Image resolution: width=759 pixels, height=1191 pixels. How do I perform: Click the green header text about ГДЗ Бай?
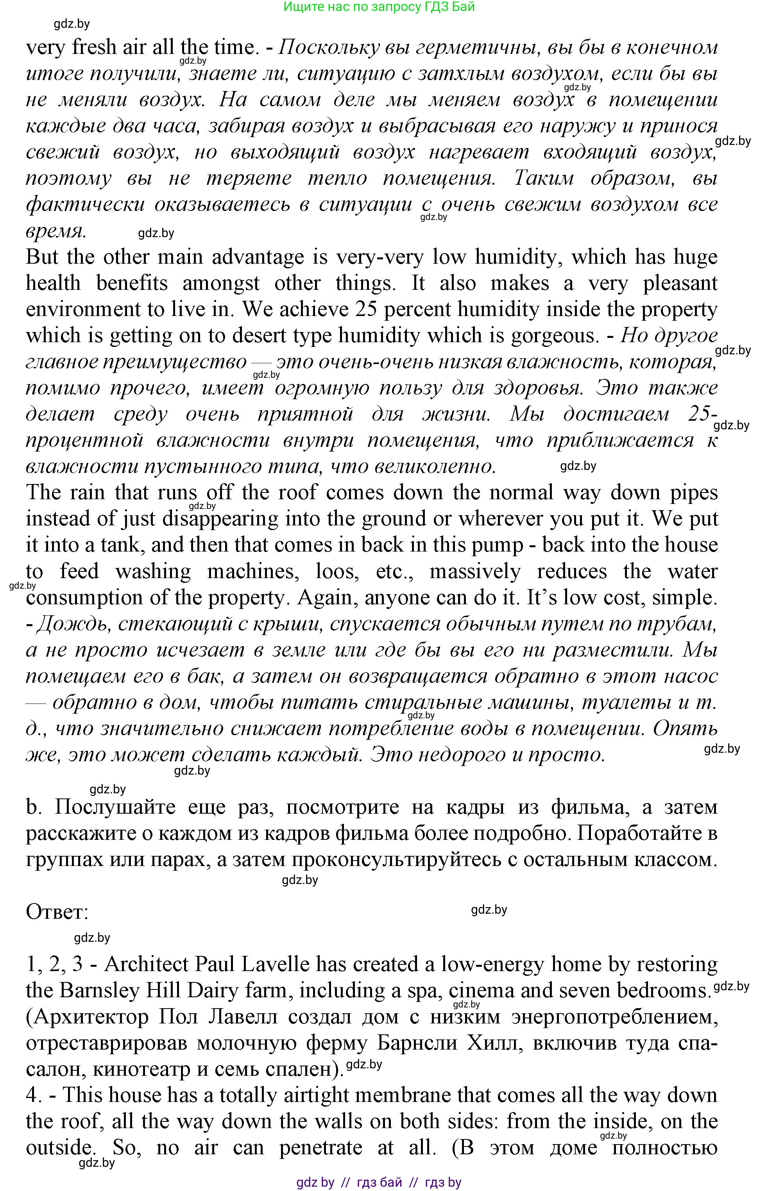pyautogui.click(x=379, y=7)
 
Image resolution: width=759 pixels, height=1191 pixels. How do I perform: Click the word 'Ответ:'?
pyautogui.click(x=57, y=912)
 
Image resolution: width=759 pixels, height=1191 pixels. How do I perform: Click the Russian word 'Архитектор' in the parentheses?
pyautogui.click(x=87, y=1017)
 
